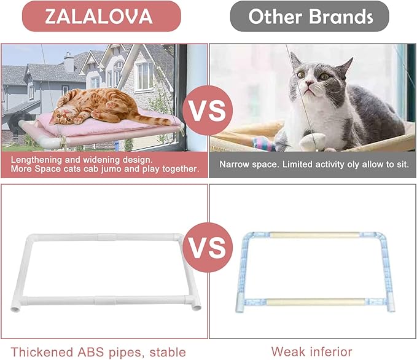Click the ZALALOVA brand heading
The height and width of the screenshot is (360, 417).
coord(99,16)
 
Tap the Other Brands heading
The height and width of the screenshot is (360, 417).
coord(310,16)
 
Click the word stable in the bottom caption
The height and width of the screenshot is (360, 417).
coord(165,352)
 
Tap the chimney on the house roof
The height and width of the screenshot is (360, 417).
coord(69,61)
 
